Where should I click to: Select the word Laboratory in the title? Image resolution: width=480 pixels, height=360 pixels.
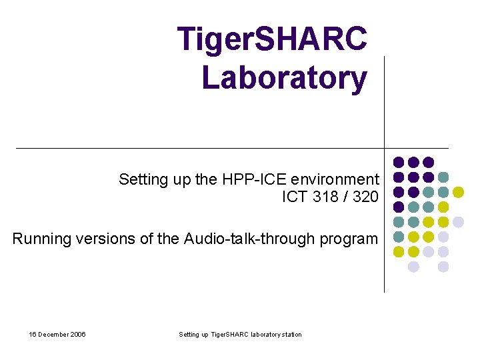[x=284, y=77]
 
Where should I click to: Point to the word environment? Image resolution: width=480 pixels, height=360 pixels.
[x=335, y=179]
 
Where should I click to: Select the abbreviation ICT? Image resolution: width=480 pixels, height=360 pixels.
[x=295, y=197]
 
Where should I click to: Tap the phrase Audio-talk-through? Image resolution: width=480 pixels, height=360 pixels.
[x=253, y=239]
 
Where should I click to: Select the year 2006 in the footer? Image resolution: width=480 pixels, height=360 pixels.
[x=77, y=334]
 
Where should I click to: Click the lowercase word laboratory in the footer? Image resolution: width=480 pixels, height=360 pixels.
[x=257, y=334]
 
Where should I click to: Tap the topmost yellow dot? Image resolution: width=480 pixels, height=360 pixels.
[x=458, y=192]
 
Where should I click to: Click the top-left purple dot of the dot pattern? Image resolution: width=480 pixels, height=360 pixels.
[x=399, y=162]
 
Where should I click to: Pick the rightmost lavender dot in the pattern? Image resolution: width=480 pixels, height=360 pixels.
[x=458, y=222]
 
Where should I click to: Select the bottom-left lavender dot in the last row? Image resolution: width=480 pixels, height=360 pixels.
[x=413, y=267]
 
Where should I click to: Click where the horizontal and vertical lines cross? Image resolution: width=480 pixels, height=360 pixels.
[x=385, y=148]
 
